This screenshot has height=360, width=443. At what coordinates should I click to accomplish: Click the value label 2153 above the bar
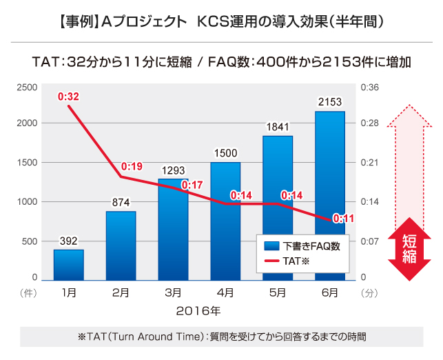tap(330, 102)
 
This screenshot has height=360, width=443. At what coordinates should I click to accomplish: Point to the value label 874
tap(121, 203)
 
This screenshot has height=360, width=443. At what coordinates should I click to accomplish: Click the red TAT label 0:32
tap(68, 97)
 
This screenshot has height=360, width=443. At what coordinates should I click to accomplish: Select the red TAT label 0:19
tap(132, 166)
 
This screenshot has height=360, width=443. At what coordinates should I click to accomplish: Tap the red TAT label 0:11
tap(343, 219)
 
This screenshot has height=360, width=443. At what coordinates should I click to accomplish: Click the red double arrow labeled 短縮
tap(409, 249)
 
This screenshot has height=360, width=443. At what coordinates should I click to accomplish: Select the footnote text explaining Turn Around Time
tap(222, 337)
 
